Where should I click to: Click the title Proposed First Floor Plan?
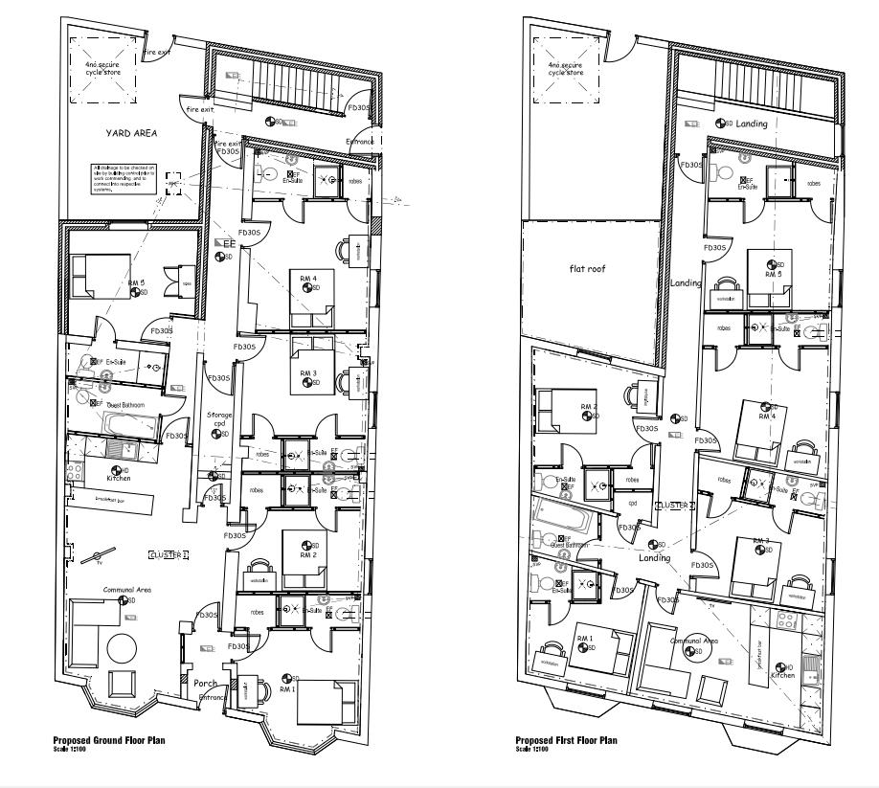click(x=566, y=740)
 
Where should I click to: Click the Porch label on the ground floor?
click(x=205, y=684)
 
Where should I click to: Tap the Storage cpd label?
click(x=220, y=419)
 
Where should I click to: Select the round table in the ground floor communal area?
click(x=123, y=648)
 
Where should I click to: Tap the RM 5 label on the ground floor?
click(x=137, y=284)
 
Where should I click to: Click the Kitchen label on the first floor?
click(x=782, y=676)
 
